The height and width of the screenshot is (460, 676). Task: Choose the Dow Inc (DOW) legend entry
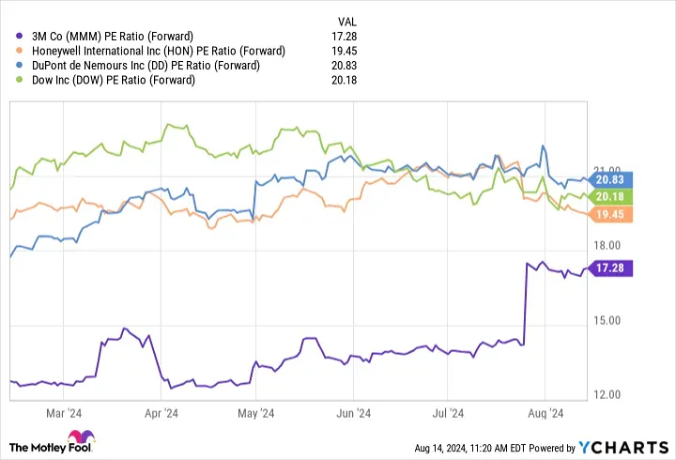pos(113,80)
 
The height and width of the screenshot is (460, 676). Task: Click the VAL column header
pos(347,21)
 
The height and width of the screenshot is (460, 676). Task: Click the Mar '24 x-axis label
pos(63,412)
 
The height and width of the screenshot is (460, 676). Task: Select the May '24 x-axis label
pos(255,412)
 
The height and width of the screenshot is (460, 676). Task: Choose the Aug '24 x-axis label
pos(545,412)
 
